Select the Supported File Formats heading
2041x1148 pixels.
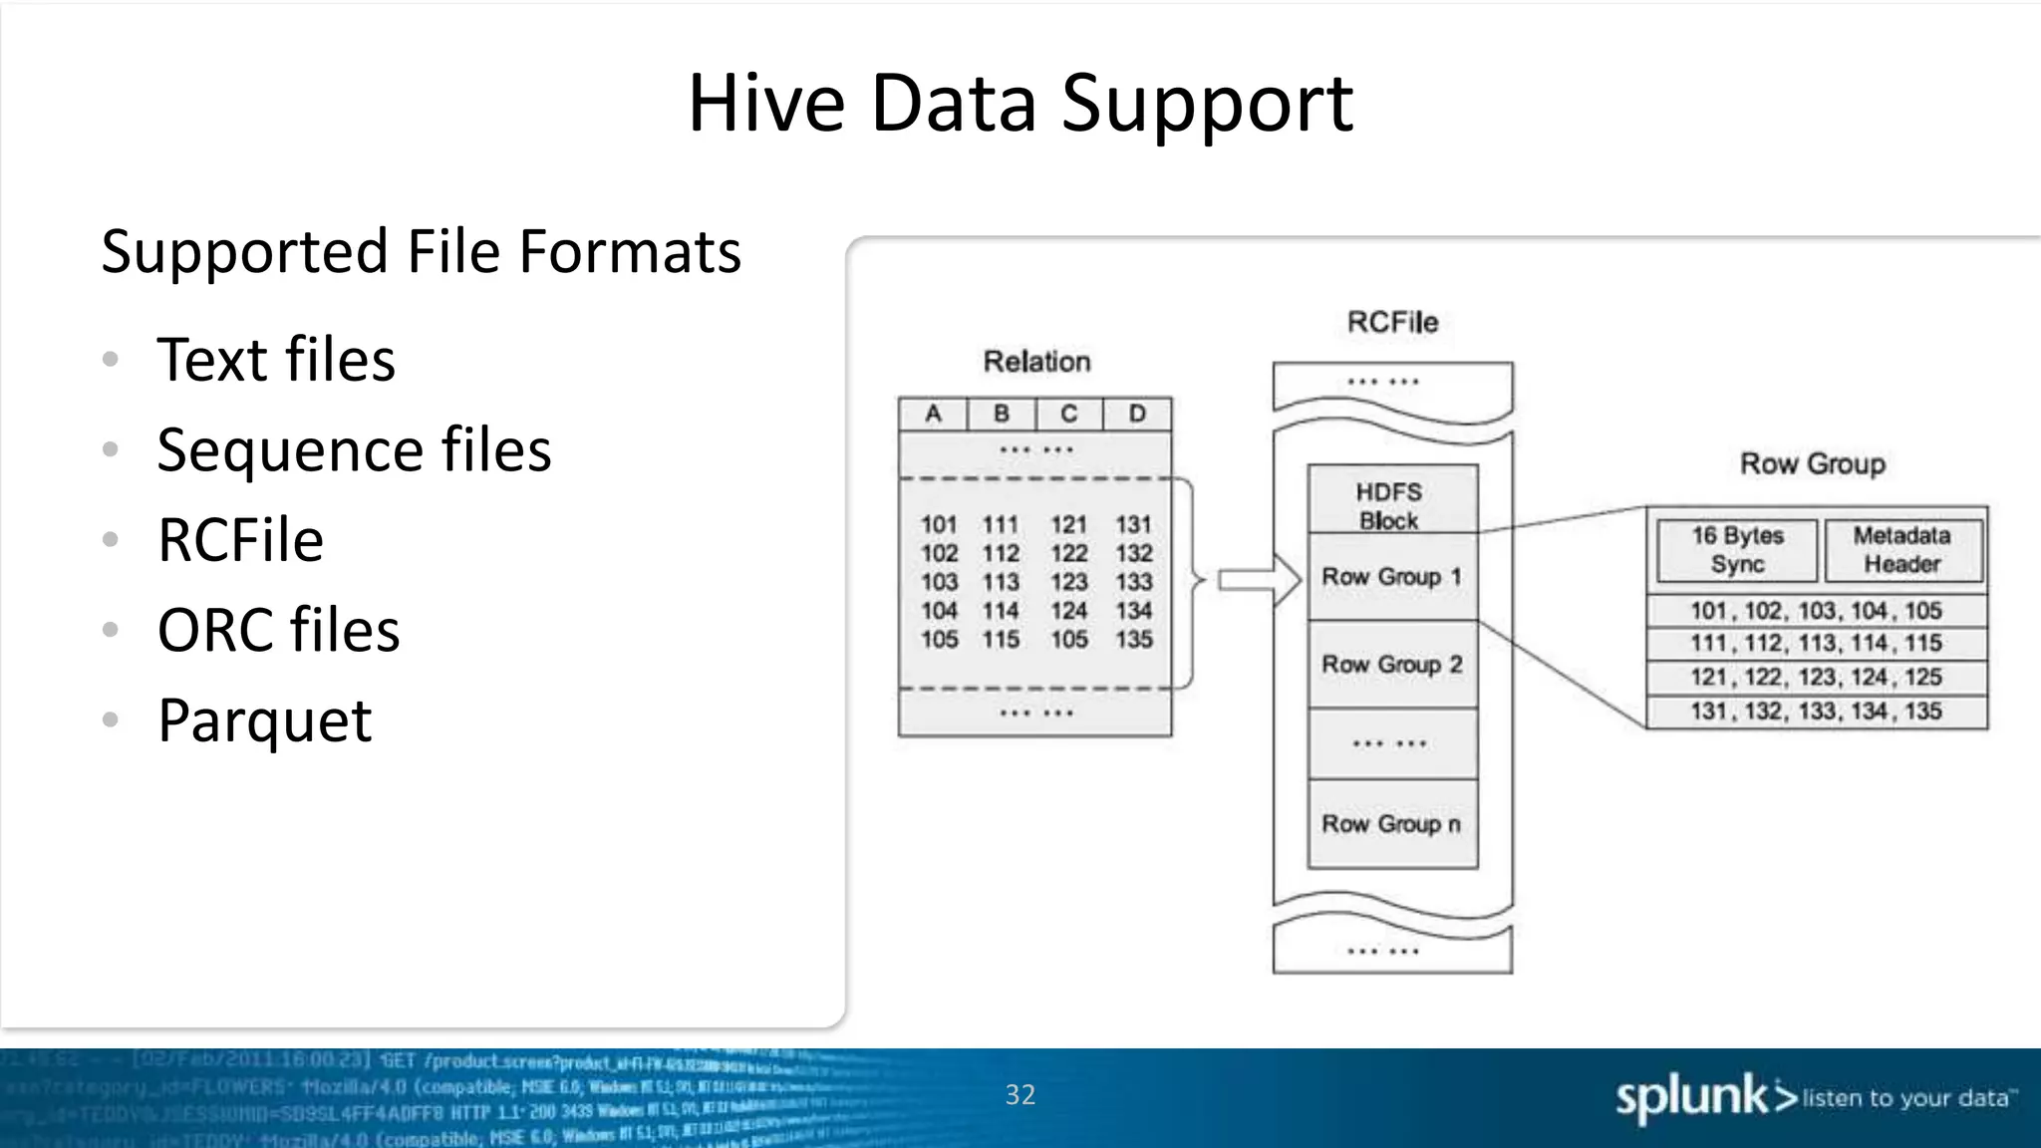(x=421, y=251)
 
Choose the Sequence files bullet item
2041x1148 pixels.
(x=354, y=449)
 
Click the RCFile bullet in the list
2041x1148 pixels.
(x=240, y=540)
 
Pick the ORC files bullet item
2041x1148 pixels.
(x=278, y=630)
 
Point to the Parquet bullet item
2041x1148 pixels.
(x=264, y=719)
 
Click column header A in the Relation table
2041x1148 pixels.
(x=933, y=414)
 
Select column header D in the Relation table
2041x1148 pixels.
(x=1137, y=414)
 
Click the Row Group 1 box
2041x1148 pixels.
(x=1391, y=577)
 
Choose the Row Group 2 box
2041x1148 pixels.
(x=1391, y=665)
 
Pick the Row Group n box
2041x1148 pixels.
(x=1391, y=824)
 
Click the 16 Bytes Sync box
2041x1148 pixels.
(x=1737, y=550)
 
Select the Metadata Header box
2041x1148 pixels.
(x=1902, y=550)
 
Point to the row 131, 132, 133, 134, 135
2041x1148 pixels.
(x=1816, y=712)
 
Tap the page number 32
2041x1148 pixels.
(x=1020, y=1095)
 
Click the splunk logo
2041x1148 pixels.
(x=1705, y=1098)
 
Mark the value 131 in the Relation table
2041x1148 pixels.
(x=1134, y=524)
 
